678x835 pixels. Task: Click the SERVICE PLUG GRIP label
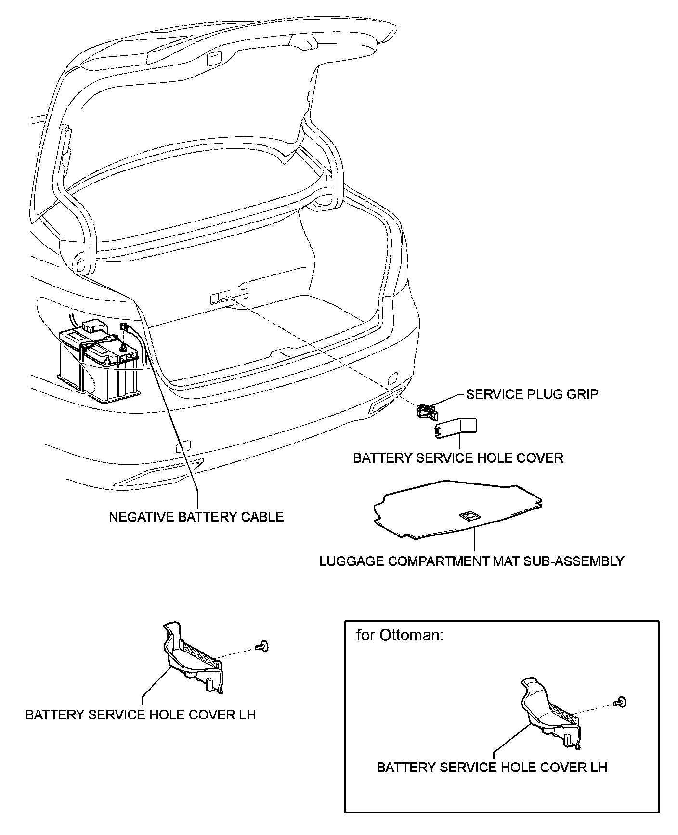(x=532, y=394)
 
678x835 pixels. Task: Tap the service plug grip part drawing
(x=426, y=412)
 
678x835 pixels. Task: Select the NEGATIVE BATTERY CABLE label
(x=196, y=517)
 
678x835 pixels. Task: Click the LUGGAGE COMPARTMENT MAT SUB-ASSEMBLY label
(x=471, y=561)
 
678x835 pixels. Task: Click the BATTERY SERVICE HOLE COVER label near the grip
(x=458, y=457)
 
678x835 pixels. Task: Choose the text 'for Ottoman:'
(x=400, y=635)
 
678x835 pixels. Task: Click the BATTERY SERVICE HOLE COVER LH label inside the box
(x=492, y=767)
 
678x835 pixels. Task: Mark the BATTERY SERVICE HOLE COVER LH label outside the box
(x=140, y=715)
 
